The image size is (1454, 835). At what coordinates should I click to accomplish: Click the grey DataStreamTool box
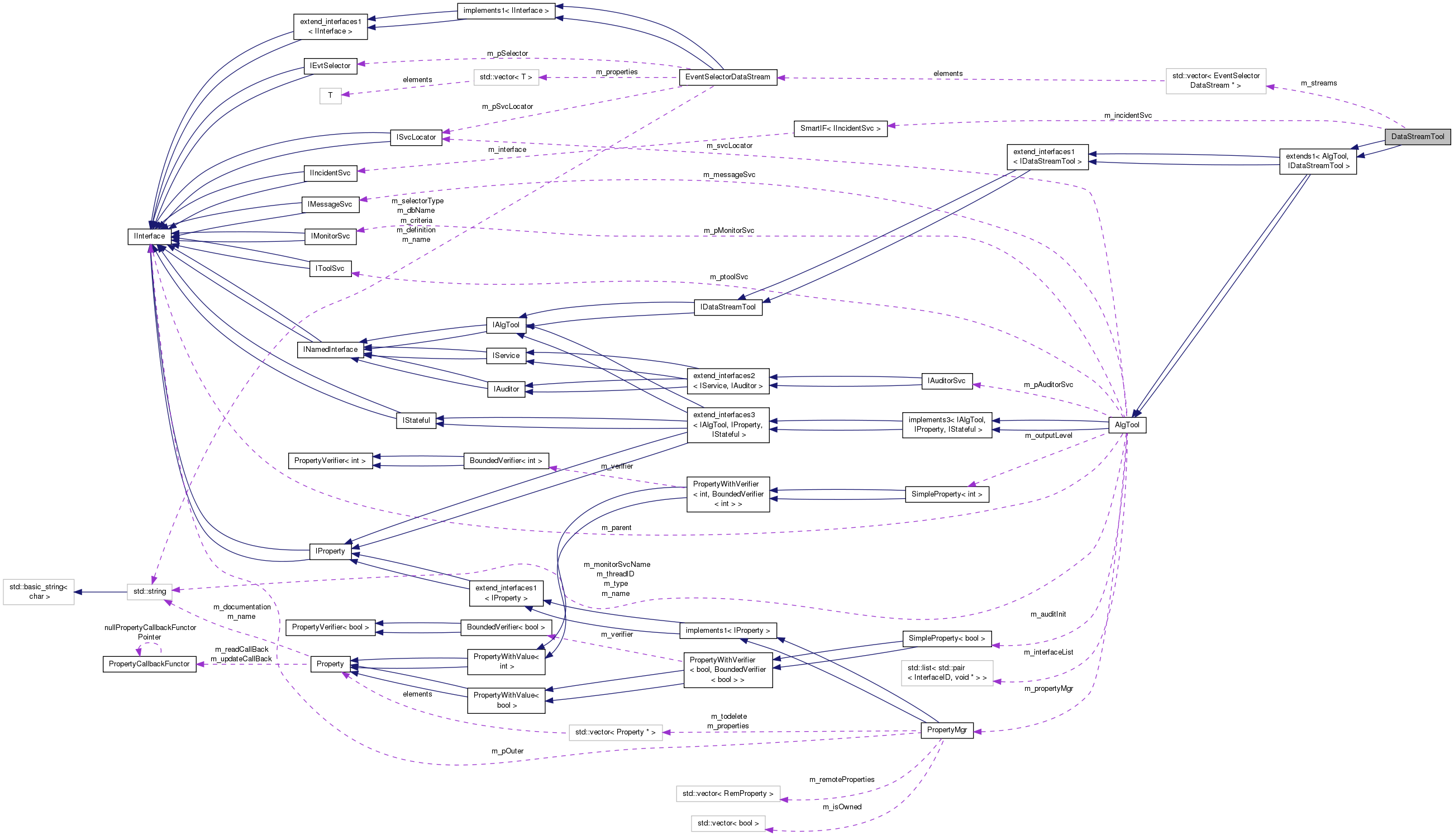pyautogui.click(x=1417, y=136)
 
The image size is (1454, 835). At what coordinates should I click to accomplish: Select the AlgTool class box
pyautogui.click(x=1127, y=425)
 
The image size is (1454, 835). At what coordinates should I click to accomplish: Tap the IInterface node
pyautogui.click(x=149, y=236)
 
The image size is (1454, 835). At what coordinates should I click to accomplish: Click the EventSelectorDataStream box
pyautogui.click(x=727, y=77)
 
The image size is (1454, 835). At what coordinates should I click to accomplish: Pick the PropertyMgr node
pyautogui.click(x=946, y=730)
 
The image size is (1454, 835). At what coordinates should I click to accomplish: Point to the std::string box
pyautogui.click(x=149, y=591)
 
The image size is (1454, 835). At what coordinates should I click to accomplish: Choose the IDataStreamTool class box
pyautogui.click(x=727, y=307)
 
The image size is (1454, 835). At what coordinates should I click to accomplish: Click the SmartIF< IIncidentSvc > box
pyautogui.click(x=840, y=128)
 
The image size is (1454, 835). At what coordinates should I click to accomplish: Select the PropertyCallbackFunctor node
pyautogui.click(x=149, y=664)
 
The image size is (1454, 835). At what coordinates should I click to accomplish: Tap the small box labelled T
pyautogui.click(x=330, y=96)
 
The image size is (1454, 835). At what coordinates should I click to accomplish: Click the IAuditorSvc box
pyautogui.click(x=946, y=381)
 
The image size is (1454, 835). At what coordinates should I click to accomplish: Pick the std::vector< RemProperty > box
pyautogui.click(x=727, y=794)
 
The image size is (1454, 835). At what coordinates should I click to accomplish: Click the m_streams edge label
pyautogui.click(x=1318, y=83)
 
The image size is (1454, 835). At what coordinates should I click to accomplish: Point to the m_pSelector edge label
pyautogui.click(x=507, y=53)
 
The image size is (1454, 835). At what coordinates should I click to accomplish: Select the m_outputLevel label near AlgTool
pyautogui.click(x=1048, y=436)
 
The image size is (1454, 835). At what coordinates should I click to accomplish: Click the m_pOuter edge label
pyautogui.click(x=507, y=751)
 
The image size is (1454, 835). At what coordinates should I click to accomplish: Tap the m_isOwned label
pyautogui.click(x=841, y=807)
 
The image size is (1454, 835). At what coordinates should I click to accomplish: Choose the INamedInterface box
pyautogui.click(x=330, y=350)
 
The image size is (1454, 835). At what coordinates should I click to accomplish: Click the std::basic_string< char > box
pyautogui.click(x=39, y=592)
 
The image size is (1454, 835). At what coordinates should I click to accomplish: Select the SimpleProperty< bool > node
pyautogui.click(x=946, y=638)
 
